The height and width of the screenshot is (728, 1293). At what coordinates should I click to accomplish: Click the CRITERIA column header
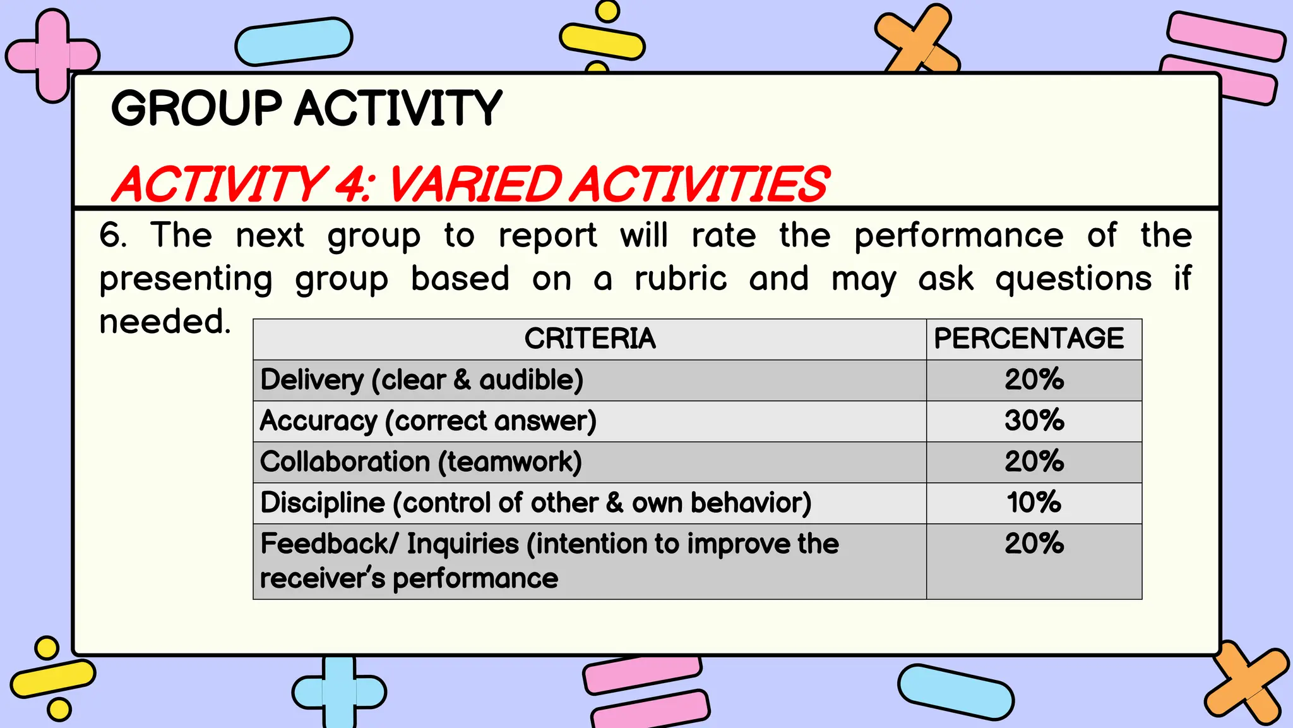[x=590, y=339]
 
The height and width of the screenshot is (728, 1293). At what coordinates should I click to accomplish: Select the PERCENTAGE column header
[x=1028, y=339]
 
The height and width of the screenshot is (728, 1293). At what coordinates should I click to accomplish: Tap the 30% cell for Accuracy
[x=1034, y=421]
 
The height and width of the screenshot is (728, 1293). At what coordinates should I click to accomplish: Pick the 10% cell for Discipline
[x=1034, y=503]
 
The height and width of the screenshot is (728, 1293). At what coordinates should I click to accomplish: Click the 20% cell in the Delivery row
[x=1034, y=380]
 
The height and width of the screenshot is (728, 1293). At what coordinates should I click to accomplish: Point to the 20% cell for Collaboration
[x=1034, y=462]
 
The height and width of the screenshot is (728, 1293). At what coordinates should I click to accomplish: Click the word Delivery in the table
[x=312, y=380]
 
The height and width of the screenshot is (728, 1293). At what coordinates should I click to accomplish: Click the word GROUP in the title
[x=196, y=108]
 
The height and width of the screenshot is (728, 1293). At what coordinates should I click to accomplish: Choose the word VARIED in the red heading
[x=474, y=185]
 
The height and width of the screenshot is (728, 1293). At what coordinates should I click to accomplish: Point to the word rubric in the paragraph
[x=681, y=279]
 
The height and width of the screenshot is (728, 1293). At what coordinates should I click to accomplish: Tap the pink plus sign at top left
[x=52, y=56]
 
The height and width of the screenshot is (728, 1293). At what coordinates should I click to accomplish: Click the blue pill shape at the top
[x=294, y=42]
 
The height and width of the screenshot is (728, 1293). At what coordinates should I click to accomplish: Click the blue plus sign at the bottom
[x=339, y=693]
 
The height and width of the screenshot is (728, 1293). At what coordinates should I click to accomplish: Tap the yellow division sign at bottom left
[x=52, y=678]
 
